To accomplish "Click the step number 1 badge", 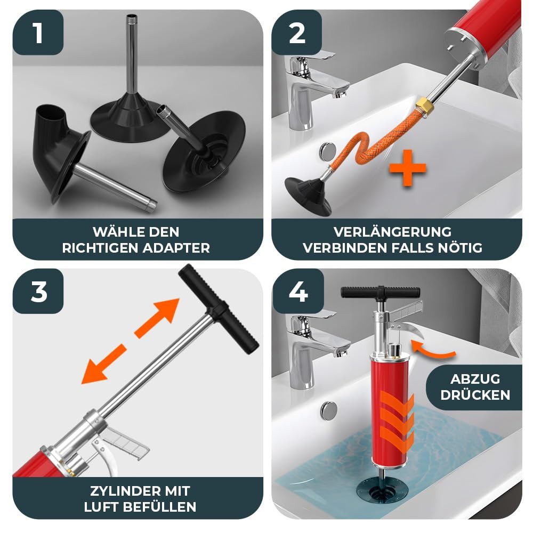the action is (38, 33).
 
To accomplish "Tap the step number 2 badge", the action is (297, 33).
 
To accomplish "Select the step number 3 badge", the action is (38, 292).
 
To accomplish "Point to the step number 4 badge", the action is (298, 292).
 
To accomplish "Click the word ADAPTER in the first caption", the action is (176, 248).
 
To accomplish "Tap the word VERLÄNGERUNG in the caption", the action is (393, 232).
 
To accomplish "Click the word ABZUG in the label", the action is (475, 378).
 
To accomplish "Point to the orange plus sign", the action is (408, 168).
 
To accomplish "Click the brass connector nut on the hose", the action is (422, 104).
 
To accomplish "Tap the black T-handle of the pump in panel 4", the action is (381, 292).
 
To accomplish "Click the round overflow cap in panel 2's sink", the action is (328, 151).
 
